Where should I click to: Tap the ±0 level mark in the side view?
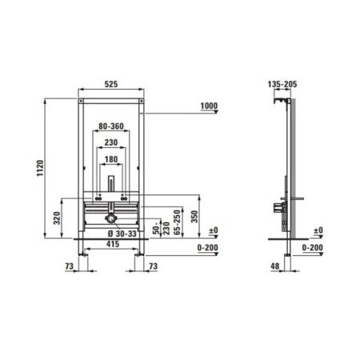(x=317, y=230)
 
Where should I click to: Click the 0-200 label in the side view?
(x=314, y=248)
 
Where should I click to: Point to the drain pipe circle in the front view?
(x=110, y=218)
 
